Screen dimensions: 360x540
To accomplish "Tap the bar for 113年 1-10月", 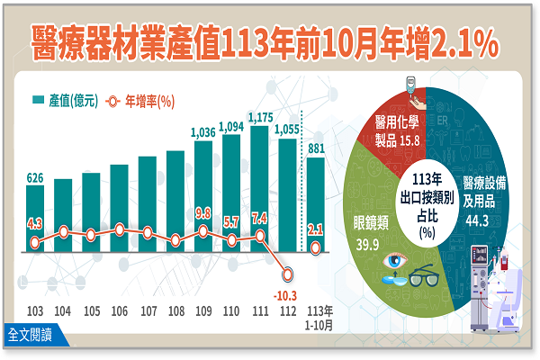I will tap(316, 193).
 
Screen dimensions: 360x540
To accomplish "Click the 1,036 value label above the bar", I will tap(203, 133).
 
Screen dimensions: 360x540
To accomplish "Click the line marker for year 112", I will tap(289, 275).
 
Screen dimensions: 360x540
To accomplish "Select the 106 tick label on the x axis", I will tap(120, 310).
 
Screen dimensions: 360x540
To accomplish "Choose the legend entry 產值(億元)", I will tap(59, 101).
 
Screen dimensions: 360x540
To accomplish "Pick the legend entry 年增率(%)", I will tap(139, 101).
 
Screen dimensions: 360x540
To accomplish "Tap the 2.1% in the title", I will tap(463, 40).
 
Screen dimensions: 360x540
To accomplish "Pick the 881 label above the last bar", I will tap(316, 148).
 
